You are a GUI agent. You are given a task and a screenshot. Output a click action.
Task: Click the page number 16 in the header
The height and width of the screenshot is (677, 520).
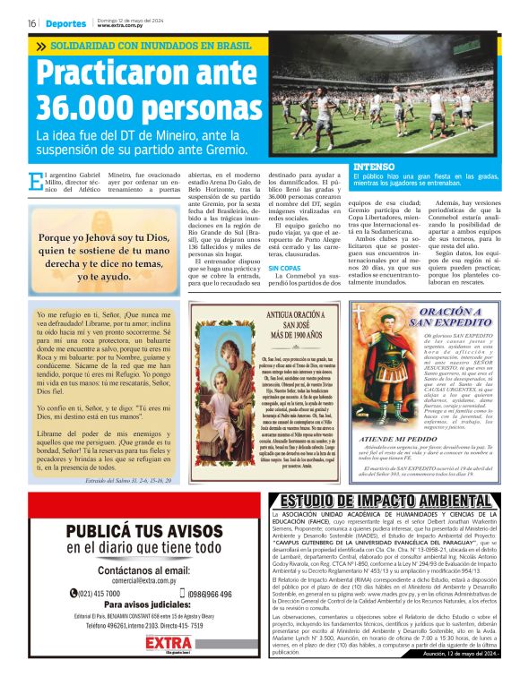(x=30, y=23)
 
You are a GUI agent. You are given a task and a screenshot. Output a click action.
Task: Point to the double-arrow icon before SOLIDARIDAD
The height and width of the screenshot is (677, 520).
(x=40, y=45)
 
